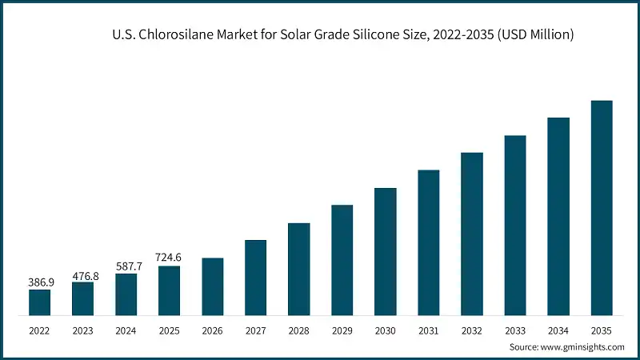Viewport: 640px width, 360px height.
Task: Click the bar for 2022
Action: (x=39, y=302)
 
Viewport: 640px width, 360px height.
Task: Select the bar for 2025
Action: (x=169, y=290)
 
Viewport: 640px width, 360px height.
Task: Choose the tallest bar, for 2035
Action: (x=601, y=207)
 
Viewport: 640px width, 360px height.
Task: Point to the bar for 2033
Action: (x=515, y=225)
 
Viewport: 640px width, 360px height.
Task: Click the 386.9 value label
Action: (x=39, y=282)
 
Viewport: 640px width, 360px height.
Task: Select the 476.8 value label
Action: (x=82, y=275)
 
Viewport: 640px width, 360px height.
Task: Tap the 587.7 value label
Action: (x=126, y=266)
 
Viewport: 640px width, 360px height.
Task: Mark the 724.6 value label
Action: (x=169, y=258)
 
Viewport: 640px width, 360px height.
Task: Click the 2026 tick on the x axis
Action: (x=212, y=329)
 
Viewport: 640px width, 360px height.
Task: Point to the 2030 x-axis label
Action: (x=385, y=329)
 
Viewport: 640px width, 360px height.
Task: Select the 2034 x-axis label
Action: (x=558, y=329)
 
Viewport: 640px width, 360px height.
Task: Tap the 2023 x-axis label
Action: (x=82, y=329)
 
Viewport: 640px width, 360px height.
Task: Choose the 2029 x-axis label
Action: (x=342, y=329)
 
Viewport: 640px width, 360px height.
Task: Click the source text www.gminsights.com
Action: (x=584, y=346)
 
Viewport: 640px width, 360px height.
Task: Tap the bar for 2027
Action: (x=255, y=277)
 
